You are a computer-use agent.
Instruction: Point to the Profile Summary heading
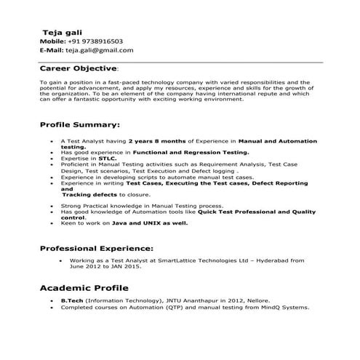point(79,124)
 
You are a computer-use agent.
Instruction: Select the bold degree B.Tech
point(72,300)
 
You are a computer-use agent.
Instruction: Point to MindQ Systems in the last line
point(287,307)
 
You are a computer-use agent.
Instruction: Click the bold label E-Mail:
point(51,50)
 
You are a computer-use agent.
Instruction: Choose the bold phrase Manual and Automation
point(278,139)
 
